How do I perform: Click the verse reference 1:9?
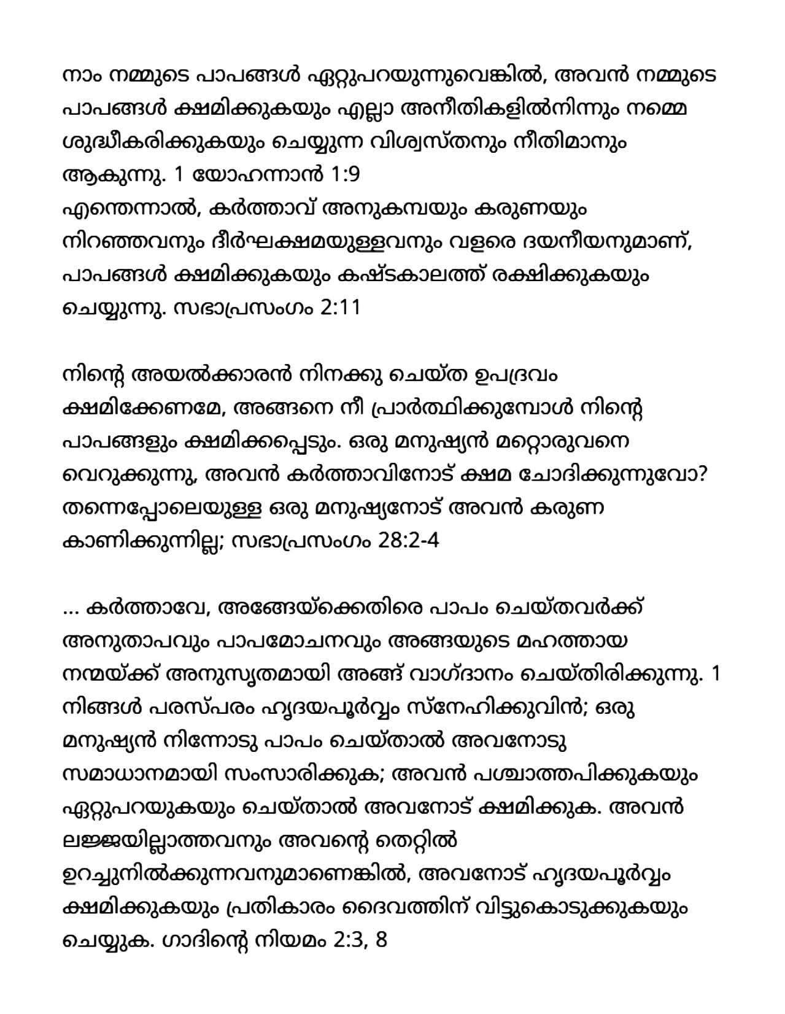click(344, 176)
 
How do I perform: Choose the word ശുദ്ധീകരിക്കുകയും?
click(165, 142)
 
